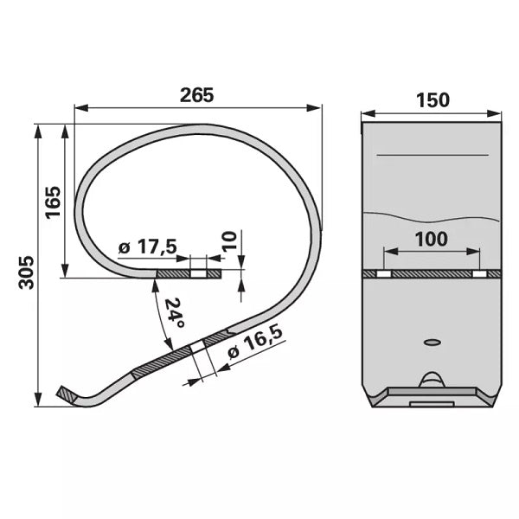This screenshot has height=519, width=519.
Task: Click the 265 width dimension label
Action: click(x=197, y=95)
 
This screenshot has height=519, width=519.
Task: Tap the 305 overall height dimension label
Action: click(x=27, y=272)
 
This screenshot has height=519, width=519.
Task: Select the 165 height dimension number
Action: click(x=53, y=202)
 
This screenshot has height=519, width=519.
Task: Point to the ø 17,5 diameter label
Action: click(x=148, y=247)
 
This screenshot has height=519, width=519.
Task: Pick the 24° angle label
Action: click(x=174, y=313)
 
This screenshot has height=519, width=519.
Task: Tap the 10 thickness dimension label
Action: click(x=230, y=241)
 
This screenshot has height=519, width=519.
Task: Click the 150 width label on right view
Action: click(x=432, y=100)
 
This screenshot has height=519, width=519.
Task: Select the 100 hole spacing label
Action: click(x=432, y=239)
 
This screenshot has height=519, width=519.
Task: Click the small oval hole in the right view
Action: click(x=432, y=342)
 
